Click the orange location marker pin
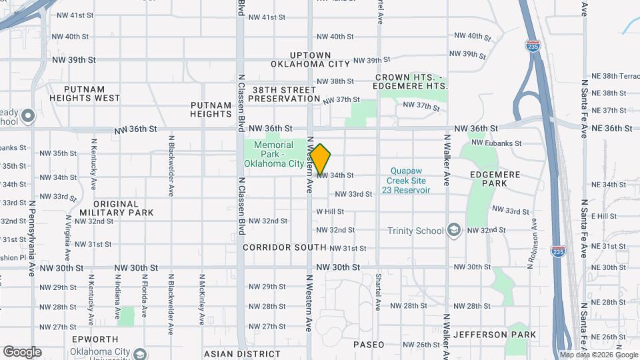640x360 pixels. click(x=321, y=158)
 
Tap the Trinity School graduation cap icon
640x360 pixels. click(x=454, y=230)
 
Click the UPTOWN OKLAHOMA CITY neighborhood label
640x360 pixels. click(x=310, y=59)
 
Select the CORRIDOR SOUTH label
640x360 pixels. click(x=285, y=247)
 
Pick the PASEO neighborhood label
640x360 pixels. click(x=369, y=345)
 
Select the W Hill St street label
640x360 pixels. click(x=330, y=211)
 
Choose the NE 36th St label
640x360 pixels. click(x=610, y=127)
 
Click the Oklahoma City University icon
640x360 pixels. click(x=139, y=353)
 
